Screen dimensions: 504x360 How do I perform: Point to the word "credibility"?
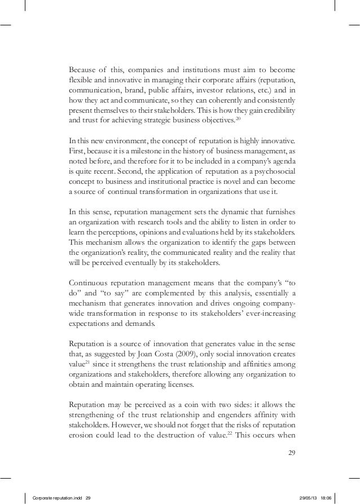pos(275,110)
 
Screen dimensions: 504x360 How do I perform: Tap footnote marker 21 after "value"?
pos(87,364)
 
